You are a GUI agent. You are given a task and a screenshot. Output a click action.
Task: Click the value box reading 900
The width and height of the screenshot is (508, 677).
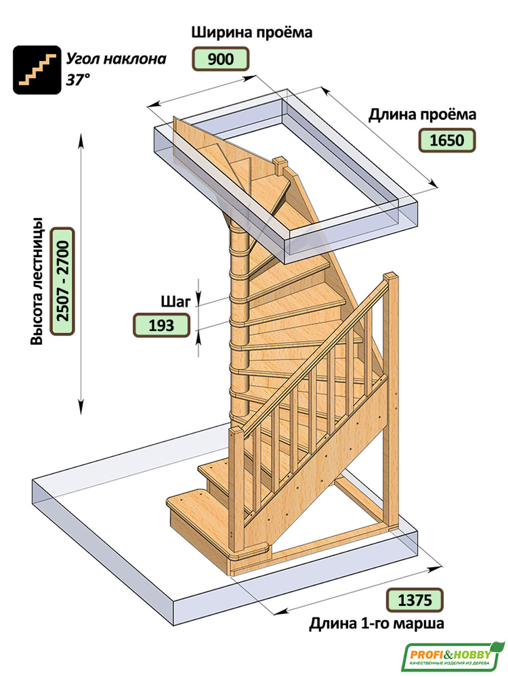point(220,59)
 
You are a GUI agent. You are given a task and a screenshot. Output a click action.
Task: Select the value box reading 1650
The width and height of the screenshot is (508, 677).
point(447,140)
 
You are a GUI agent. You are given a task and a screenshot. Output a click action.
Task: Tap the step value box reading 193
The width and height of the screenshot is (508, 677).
point(161,325)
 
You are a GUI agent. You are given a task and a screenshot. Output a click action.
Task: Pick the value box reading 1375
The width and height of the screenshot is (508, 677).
point(415,600)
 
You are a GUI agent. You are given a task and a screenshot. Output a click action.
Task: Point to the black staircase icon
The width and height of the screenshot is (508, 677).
point(37,70)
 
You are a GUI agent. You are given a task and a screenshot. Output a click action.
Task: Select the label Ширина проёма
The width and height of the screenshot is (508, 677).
point(251,33)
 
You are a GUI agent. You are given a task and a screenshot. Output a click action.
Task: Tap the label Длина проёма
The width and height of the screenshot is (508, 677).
point(422,114)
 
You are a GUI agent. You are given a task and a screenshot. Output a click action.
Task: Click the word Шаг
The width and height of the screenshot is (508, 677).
point(175,302)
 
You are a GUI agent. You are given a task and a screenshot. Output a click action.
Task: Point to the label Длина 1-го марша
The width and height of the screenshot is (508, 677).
point(376,623)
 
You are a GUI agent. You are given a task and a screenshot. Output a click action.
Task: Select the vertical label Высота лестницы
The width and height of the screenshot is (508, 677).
point(37,282)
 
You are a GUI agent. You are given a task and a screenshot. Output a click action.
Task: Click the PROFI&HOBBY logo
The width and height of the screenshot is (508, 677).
point(452,656)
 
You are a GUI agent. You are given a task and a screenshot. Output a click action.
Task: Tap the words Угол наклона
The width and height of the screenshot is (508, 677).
point(116,59)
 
